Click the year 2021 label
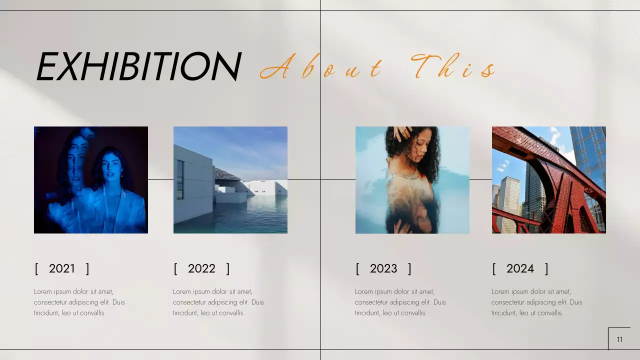click(x=62, y=268)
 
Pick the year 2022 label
click(x=201, y=268)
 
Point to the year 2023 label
click(x=383, y=268)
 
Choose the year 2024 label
click(x=520, y=268)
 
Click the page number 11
click(x=619, y=339)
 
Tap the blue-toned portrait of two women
click(x=91, y=180)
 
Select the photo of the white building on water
click(x=230, y=180)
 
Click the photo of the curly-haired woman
click(x=412, y=180)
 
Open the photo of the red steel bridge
click(x=549, y=180)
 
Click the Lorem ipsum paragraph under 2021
click(x=79, y=302)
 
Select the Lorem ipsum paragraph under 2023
click(x=400, y=302)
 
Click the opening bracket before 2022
click(x=175, y=268)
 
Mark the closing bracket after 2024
click(x=546, y=268)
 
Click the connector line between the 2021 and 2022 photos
click(x=160, y=179)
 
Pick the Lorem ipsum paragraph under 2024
click(x=537, y=302)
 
